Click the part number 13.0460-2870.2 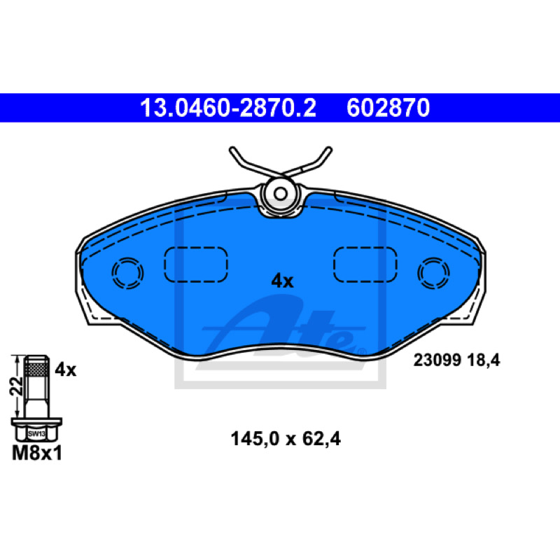(x=228, y=108)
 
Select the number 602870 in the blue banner (x=388, y=108)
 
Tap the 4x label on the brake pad (x=282, y=281)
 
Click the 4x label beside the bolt (x=65, y=370)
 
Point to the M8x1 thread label (x=37, y=453)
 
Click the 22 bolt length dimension (x=16, y=386)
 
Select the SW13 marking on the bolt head (x=36, y=434)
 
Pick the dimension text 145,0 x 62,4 (x=286, y=439)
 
